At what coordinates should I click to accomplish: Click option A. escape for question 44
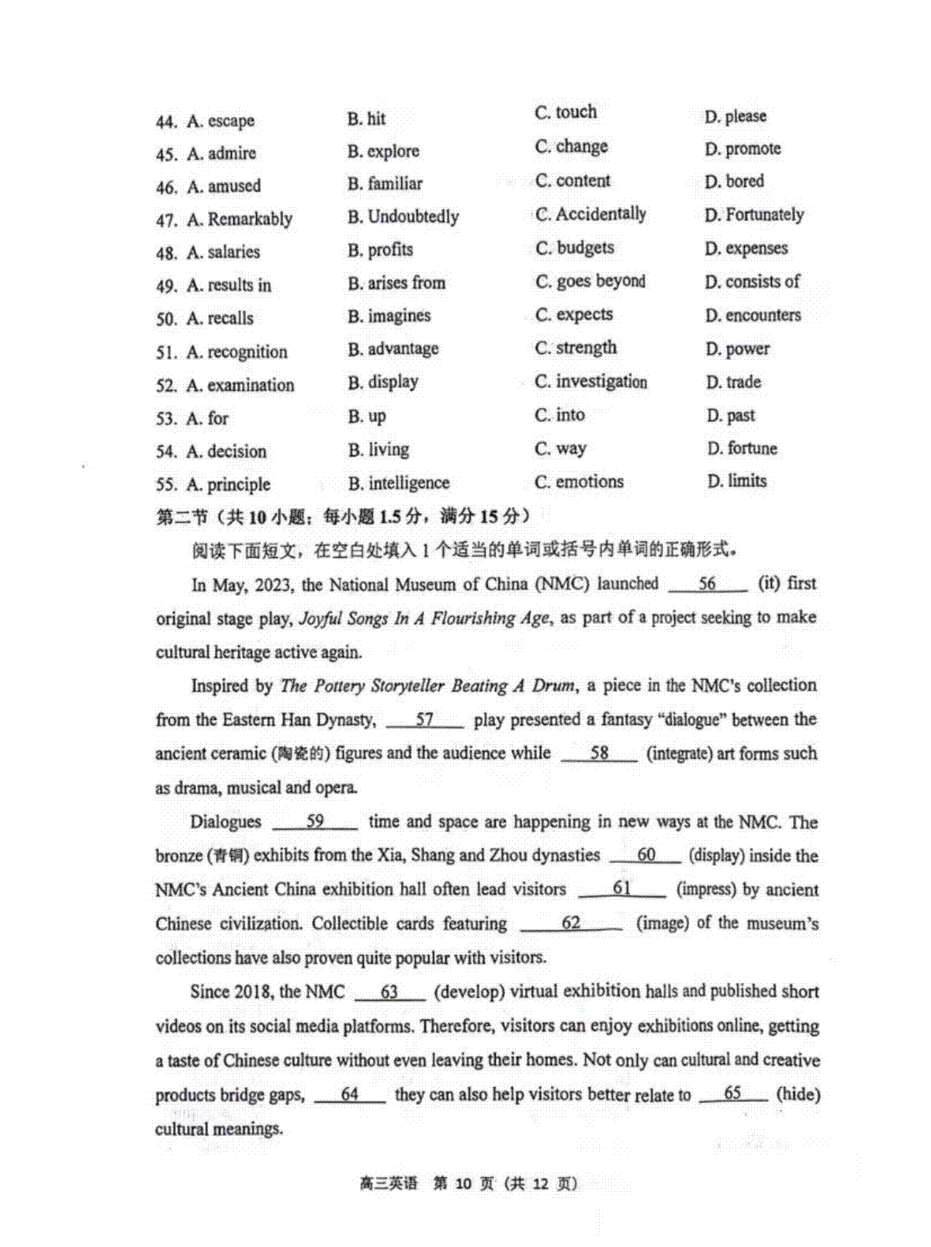[x=221, y=121]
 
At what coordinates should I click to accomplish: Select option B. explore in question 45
[x=383, y=151]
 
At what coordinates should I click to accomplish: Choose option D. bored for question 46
[x=734, y=182]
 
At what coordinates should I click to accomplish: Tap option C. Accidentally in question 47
[x=590, y=214]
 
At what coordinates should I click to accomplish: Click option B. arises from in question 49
[x=396, y=282]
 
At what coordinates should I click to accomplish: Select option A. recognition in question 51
[x=237, y=352]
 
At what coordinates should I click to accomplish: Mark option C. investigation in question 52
[x=590, y=382]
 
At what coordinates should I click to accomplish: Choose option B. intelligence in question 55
[x=399, y=483]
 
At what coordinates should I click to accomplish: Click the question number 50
[x=166, y=320]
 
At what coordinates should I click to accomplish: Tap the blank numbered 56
[x=708, y=584]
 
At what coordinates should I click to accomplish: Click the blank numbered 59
[x=315, y=822]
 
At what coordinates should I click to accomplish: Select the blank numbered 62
[x=571, y=923]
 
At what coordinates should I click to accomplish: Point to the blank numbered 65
[x=732, y=1094]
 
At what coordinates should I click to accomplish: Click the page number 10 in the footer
[x=463, y=1183]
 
